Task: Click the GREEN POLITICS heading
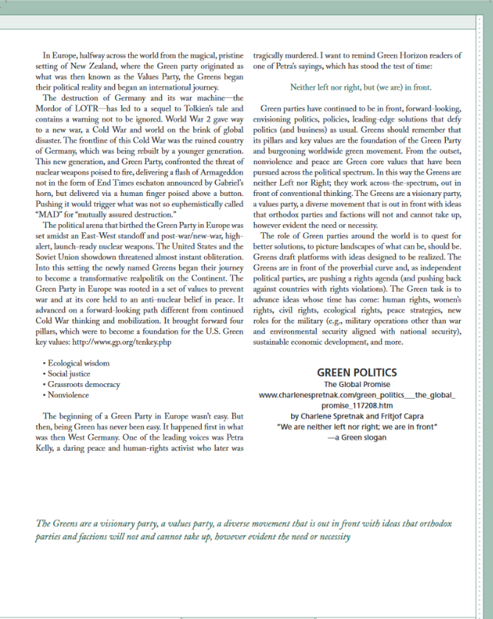[x=357, y=372]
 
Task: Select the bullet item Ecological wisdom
[x=77, y=363]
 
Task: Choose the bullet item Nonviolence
[x=69, y=394]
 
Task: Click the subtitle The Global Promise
[x=357, y=384]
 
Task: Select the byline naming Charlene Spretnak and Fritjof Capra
[x=357, y=416]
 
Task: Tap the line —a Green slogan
[x=357, y=437]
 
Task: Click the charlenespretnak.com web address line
[x=357, y=395]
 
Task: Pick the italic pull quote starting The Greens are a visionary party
[x=192, y=528]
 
